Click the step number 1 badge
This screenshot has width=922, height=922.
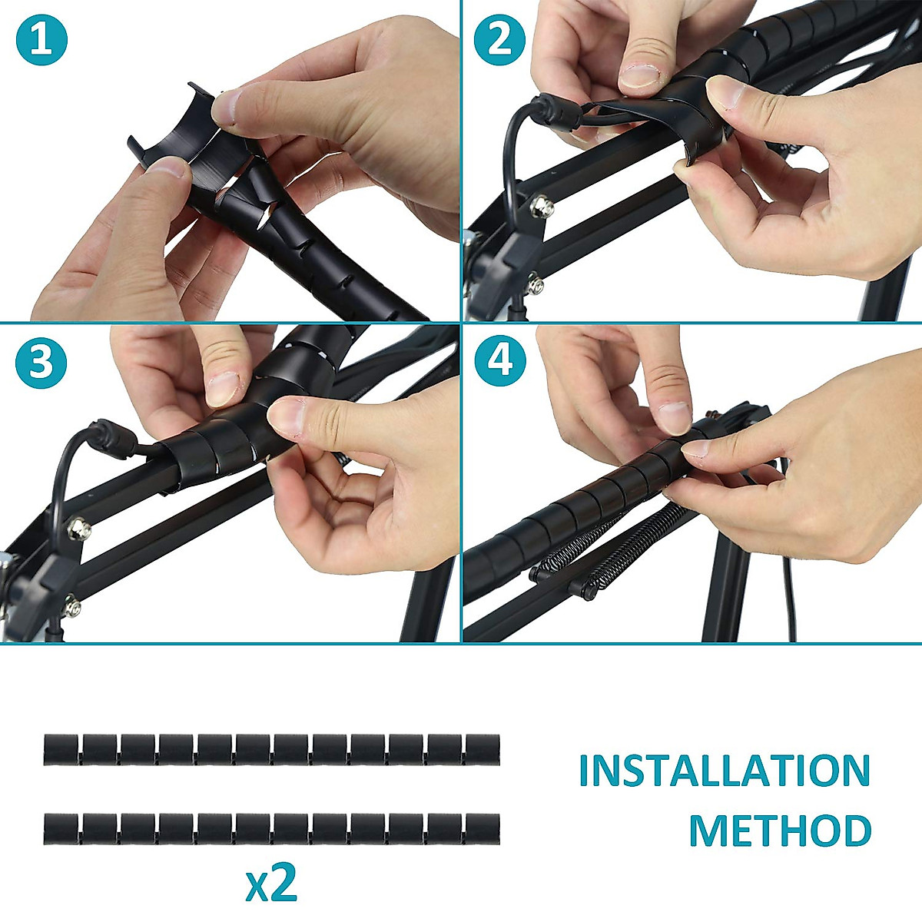point(41,40)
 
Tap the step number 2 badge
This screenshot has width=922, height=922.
point(499,40)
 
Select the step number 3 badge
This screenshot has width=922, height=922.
point(41,361)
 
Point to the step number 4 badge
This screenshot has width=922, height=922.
point(500,361)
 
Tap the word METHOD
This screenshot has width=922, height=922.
point(779,831)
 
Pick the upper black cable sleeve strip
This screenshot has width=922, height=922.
point(271,750)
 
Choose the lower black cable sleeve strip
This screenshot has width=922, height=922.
point(271,829)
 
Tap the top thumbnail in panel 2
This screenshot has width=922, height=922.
point(640,75)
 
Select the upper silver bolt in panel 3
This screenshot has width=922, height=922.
point(79,529)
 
